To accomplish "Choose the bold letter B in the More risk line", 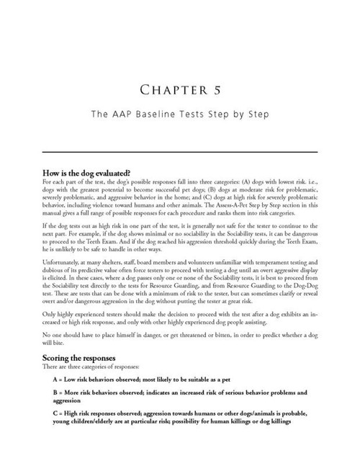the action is [55, 393].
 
